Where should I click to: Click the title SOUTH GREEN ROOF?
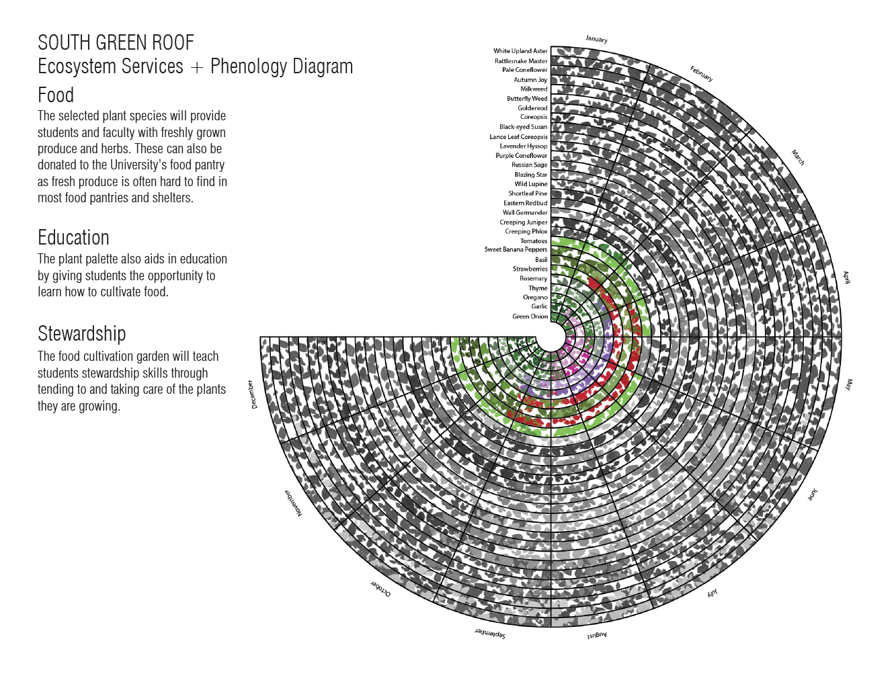(x=116, y=43)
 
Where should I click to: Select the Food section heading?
(x=56, y=95)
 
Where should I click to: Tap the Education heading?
(x=73, y=238)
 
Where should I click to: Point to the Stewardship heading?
(x=82, y=334)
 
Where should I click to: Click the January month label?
(x=596, y=39)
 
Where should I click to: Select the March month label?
(x=798, y=157)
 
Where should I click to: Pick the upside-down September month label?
(x=490, y=634)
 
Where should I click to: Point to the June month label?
(x=813, y=495)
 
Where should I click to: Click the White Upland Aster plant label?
(x=520, y=51)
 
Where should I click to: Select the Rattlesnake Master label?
(x=521, y=61)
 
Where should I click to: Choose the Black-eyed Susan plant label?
(x=523, y=127)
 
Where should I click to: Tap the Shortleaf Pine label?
(x=528, y=194)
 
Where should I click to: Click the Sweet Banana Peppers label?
(x=516, y=249)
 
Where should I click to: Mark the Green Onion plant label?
(x=530, y=316)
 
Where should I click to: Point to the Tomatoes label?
(x=534, y=241)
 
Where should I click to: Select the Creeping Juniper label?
(x=523, y=222)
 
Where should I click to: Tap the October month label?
(x=380, y=589)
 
